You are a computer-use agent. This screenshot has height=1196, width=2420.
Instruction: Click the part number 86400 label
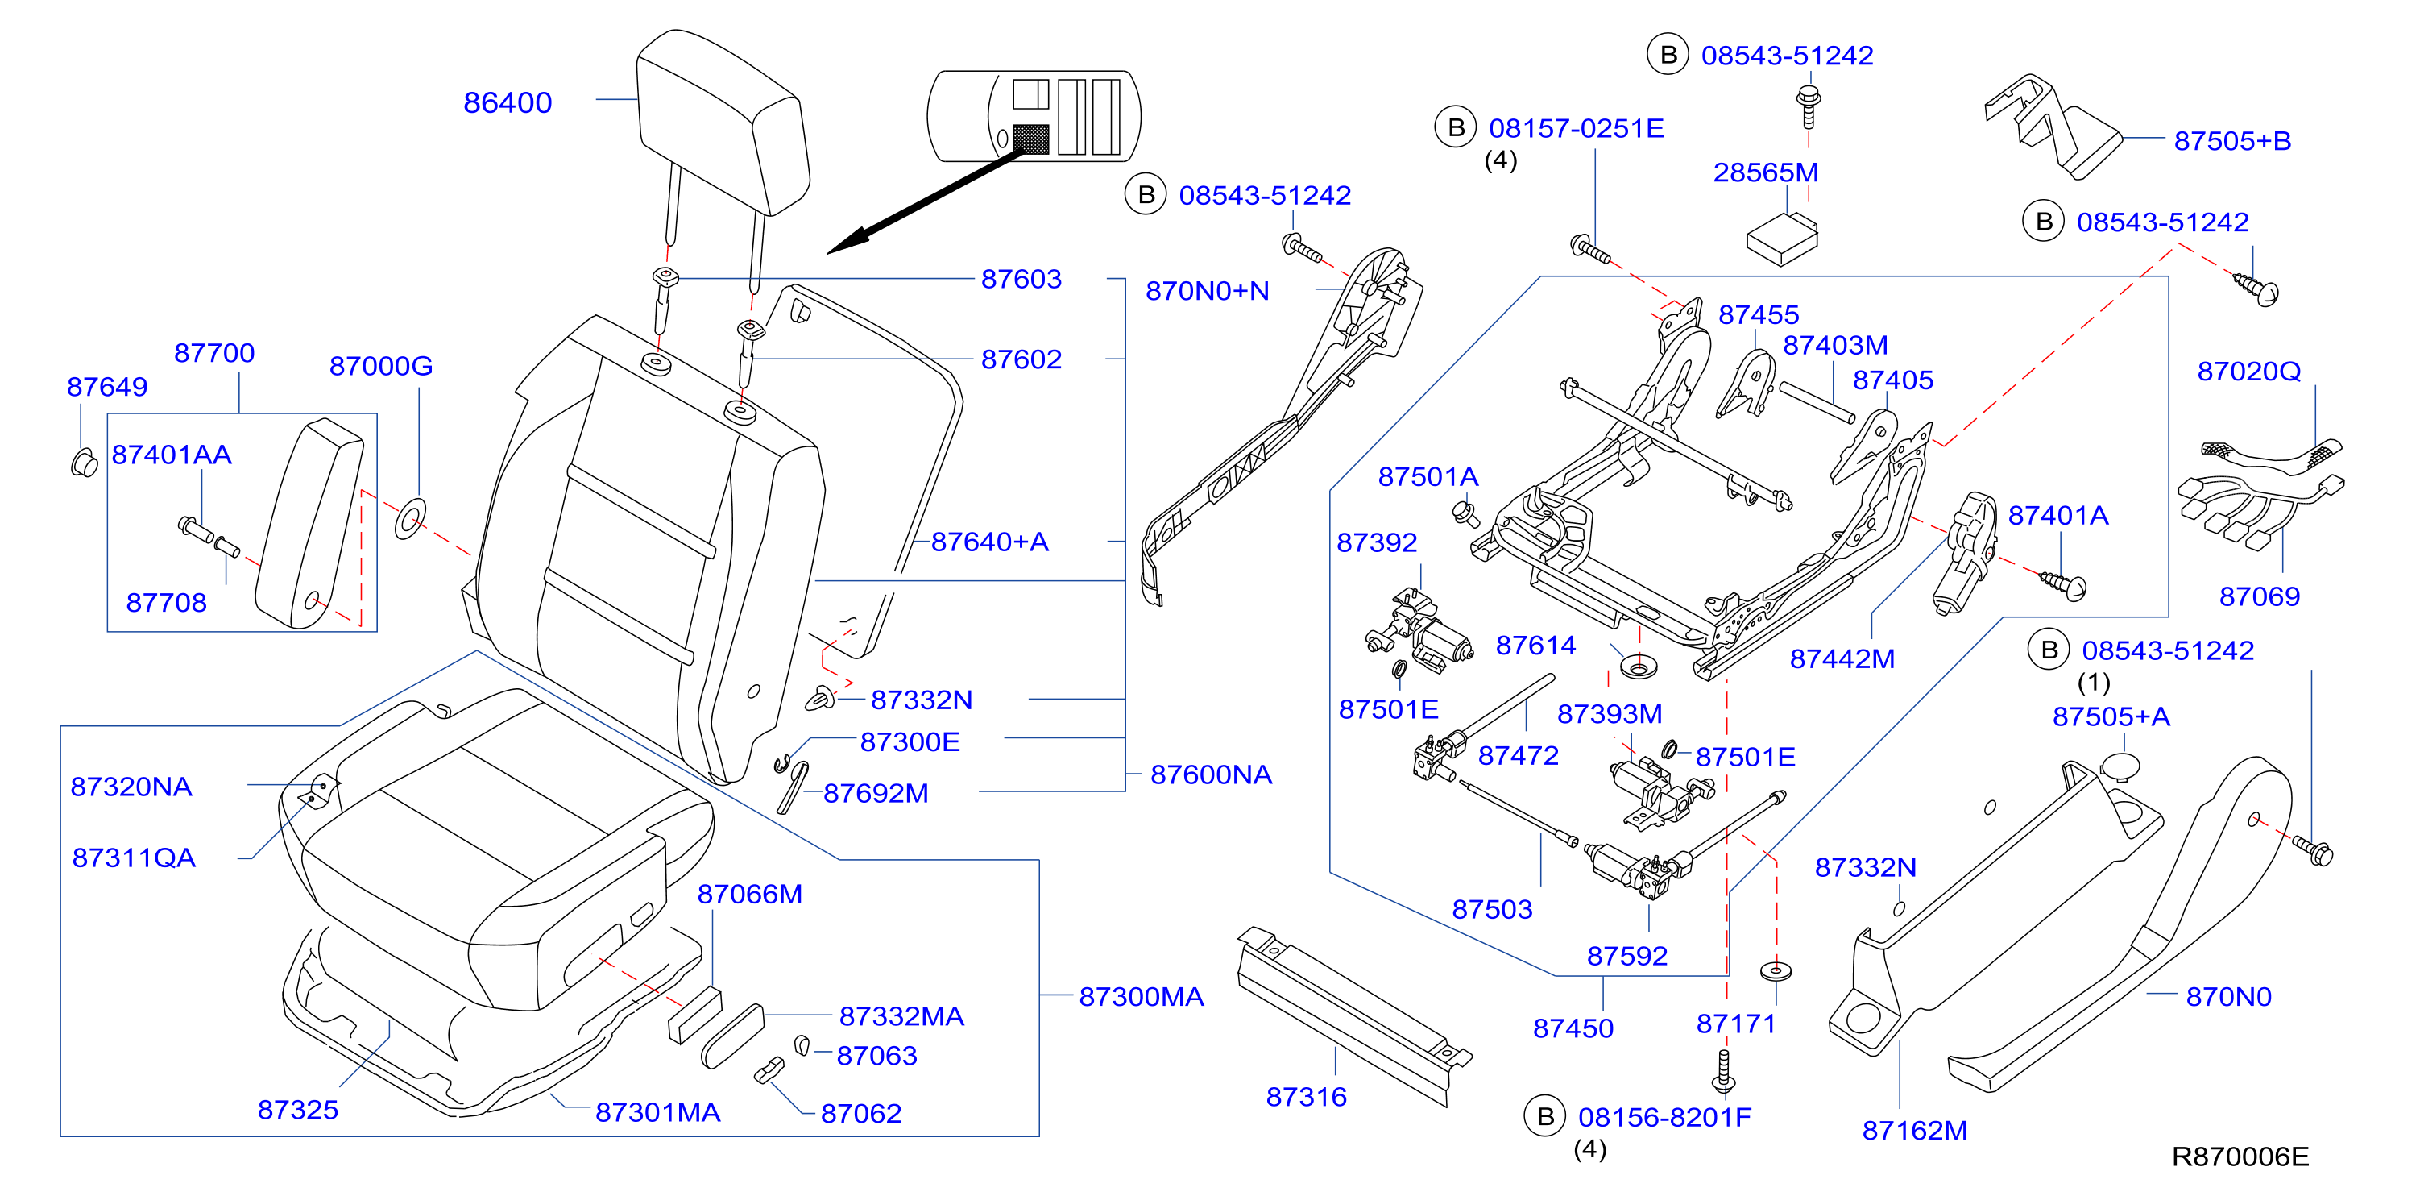pyautogui.click(x=508, y=102)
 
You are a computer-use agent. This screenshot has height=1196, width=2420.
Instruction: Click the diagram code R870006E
pyautogui.click(x=2240, y=1157)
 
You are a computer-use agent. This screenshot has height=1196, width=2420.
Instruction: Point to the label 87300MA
pyautogui.click(x=1141, y=997)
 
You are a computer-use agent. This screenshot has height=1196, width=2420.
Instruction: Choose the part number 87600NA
pyautogui.click(x=1211, y=774)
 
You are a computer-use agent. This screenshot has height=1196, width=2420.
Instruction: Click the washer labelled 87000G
pyautogui.click(x=411, y=518)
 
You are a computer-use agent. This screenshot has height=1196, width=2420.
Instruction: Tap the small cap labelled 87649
pyautogui.click(x=84, y=463)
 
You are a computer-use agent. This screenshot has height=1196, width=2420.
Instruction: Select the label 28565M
pyautogui.click(x=1765, y=172)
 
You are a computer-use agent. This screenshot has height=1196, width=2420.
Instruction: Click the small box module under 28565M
pyautogui.click(x=1782, y=239)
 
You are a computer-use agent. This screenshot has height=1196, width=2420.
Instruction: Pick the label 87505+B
pyautogui.click(x=2232, y=141)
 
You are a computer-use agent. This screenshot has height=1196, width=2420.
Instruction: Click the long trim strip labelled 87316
pyautogui.click(x=1353, y=1015)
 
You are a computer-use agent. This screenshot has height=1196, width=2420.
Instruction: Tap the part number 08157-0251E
pyautogui.click(x=1577, y=128)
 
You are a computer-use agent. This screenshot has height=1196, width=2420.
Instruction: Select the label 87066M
pyautogui.click(x=750, y=894)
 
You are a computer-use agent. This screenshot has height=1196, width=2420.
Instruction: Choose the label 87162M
pyautogui.click(x=1915, y=1130)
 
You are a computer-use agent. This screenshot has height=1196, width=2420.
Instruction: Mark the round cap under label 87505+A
pyautogui.click(x=2120, y=766)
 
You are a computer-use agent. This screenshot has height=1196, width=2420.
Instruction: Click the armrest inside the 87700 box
pyautogui.click(x=310, y=523)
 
